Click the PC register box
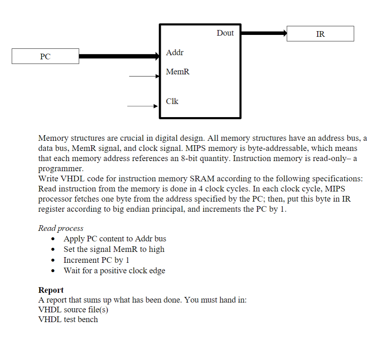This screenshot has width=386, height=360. (45, 56)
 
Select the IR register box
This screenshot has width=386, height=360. (320, 34)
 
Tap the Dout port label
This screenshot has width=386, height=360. (225, 33)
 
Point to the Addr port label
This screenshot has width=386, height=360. (175, 53)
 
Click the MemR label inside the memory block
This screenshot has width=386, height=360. (177, 72)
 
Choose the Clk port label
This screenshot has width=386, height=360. (172, 101)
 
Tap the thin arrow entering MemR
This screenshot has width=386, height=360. (144, 76)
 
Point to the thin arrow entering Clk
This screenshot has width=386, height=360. (143, 106)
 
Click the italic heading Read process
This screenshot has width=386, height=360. (61, 228)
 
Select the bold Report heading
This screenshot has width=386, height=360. (51, 290)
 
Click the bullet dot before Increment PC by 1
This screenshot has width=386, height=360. (56, 260)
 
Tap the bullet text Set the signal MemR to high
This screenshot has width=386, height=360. (114, 249)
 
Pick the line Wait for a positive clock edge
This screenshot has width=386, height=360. (114, 270)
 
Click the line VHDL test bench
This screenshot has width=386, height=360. (68, 319)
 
